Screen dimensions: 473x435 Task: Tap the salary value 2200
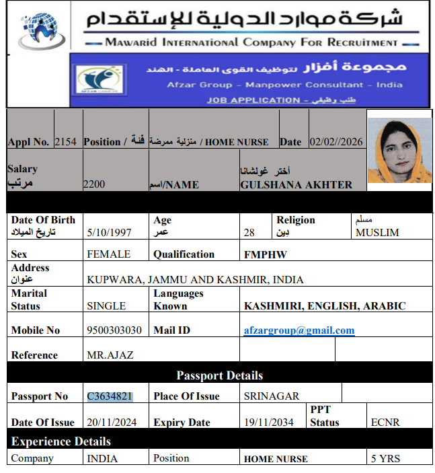point(94,184)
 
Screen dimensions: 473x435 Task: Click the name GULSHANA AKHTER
point(296,184)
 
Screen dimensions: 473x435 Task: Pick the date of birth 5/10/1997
point(109,232)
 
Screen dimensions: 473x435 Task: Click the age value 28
point(249,232)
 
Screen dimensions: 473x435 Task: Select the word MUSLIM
point(377,232)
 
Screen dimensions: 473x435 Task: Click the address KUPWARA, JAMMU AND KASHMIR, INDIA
point(195,279)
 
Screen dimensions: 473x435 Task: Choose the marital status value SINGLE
point(106,305)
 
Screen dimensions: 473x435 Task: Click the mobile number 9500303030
point(114,330)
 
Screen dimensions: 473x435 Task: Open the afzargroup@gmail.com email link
point(299,330)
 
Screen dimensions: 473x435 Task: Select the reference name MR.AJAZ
point(110,355)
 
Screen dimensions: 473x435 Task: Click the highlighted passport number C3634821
point(110,396)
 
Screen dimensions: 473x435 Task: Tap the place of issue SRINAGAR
point(272,396)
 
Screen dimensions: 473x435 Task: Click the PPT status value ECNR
point(385,422)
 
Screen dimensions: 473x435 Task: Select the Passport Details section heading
point(220,375)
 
